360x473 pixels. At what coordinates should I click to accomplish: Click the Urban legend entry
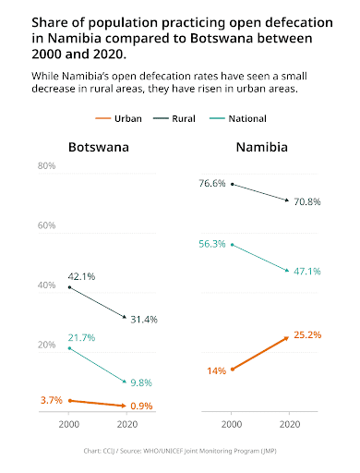pyautogui.click(x=119, y=118)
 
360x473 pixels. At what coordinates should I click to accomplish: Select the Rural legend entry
pyautogui.click(x=174, y=118)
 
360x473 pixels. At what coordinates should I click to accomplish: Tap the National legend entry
pyautogui.click(x=238, y=118)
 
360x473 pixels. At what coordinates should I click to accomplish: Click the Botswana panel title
pyautogui.click(x=99, y=147)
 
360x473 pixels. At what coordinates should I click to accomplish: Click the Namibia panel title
pyautogui.click(x=262, y=147)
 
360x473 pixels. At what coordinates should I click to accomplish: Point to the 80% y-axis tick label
pyautogui.click(x=46, y=165)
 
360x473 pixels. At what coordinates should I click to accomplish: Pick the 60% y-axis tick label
pyautogui.click(x=46, y=225)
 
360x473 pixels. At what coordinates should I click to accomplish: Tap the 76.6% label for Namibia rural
pyautogui.click(x=212, y=183)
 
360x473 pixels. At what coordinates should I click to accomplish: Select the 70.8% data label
pyautogui.click(x=307, y=201)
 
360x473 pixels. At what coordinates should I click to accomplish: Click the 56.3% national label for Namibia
pyautogui.click(x=212, y=244)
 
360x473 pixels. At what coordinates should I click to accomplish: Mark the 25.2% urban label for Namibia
pyautogui.click(x=307, y=334)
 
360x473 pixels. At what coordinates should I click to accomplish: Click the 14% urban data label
pyautogui.click(x=216, y=370)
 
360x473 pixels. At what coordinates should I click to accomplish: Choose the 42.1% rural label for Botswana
pyautogui.click(x=81, y=276)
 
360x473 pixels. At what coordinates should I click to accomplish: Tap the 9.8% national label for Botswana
pyautogui.click(x=141, y=382)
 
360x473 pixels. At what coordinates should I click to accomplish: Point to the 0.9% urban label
pyautogui.click(x=141, y=406)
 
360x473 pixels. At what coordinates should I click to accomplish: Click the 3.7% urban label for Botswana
pyautogui.click(x=52, y=400)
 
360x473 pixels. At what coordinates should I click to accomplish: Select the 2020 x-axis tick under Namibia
pyautogui.click(x=290, y=424)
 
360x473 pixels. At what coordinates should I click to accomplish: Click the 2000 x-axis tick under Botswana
pyautogui.click(x=69, y=424)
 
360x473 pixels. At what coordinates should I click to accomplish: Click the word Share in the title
pyautogui.click(x=50, y=23)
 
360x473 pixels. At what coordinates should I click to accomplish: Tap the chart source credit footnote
pyautogui.click(x=180, y=451)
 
